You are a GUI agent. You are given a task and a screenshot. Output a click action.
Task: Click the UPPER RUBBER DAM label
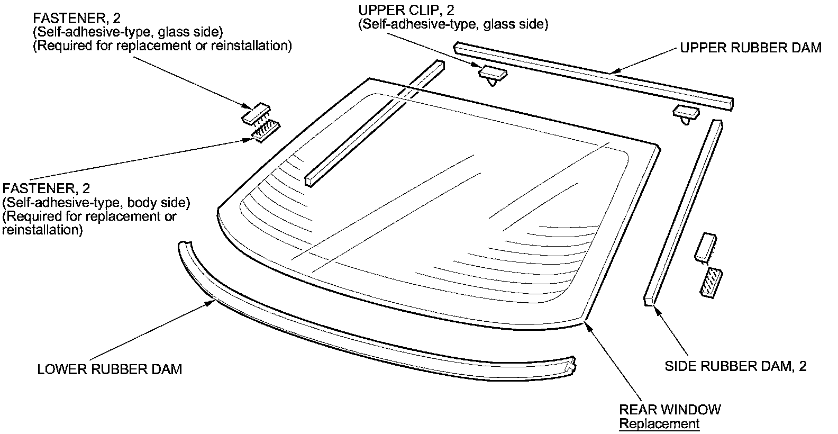click(x=751, y=48)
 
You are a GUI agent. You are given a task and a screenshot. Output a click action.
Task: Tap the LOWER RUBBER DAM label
click(x=110, y=369)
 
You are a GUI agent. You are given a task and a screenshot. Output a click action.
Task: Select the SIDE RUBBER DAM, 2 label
click(x=735, y=366)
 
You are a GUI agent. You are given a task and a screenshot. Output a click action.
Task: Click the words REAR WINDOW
click(x=670, y=410)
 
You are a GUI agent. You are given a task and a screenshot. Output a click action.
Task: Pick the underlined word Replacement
click(x=659, y=424)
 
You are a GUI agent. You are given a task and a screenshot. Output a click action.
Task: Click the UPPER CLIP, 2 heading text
click(x=406, y=10)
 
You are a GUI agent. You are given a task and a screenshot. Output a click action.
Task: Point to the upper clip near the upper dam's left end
click(x=493, y=75)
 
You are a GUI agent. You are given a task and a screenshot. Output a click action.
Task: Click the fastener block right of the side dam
click(x=706, y=247)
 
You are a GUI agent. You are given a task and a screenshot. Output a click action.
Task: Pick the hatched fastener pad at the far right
click(x=711, y=283)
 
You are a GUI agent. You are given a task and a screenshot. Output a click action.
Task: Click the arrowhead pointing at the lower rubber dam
click(x=210, y=303)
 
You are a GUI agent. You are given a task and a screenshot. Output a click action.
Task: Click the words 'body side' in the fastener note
click(x=159, y=202)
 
